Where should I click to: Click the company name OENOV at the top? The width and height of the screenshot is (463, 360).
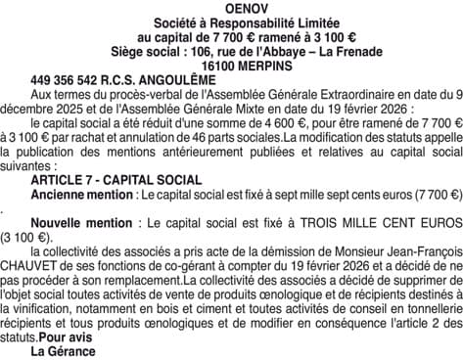click(x=230, y=8)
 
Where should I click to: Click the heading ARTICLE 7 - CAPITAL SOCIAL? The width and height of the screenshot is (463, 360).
click(x=116, y=180)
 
